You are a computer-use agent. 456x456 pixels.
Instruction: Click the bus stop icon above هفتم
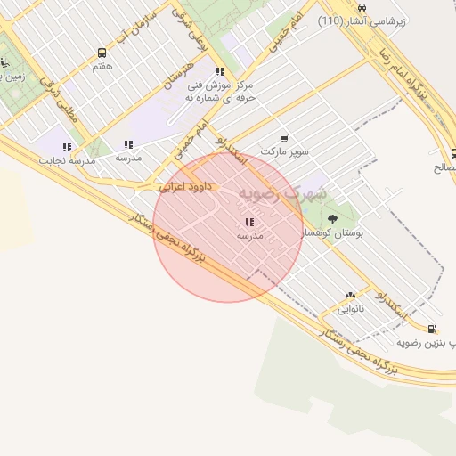point(102,53)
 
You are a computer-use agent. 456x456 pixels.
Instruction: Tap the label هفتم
point(102,66)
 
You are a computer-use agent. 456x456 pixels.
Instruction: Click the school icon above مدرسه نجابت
point(67,147)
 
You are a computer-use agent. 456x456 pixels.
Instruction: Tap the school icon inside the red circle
point(249,223)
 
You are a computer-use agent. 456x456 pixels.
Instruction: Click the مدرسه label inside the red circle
point(250,236)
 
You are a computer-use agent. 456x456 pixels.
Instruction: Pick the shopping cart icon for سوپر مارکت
point(284,138)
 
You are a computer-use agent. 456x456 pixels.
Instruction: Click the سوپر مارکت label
point(284,151)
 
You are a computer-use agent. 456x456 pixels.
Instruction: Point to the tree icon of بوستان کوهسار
point(332,218)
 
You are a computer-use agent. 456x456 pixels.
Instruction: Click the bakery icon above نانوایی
point(350,296)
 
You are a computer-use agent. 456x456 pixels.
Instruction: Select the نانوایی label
point(350,309)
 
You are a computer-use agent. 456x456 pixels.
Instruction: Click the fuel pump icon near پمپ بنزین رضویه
point(433,328)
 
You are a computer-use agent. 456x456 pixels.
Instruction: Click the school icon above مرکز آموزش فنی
point(220,72)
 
